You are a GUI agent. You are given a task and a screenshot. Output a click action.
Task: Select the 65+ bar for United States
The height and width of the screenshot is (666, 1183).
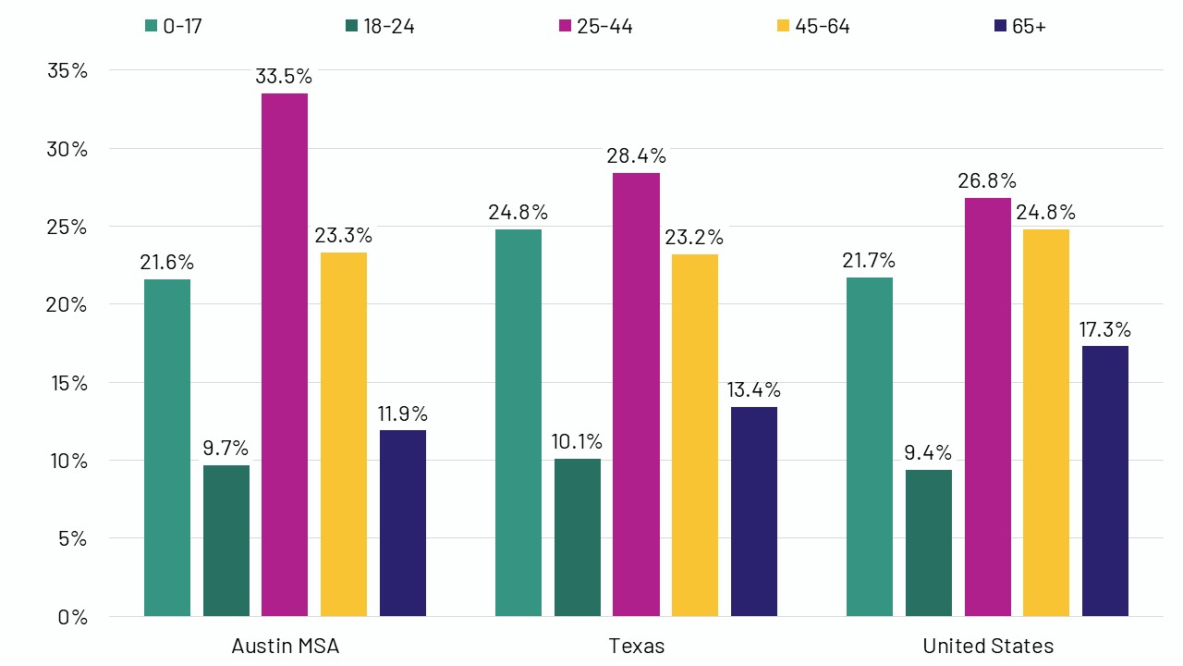(1104, 481)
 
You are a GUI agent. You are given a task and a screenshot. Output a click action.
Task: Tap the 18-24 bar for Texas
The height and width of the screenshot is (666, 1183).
(578, 537)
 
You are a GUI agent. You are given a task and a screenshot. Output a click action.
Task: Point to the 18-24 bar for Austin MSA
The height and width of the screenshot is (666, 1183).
(226, 540)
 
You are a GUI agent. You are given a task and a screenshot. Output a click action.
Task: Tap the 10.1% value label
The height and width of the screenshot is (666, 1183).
(578, 442)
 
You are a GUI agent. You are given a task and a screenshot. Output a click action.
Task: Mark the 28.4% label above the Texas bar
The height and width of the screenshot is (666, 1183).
(636, 155)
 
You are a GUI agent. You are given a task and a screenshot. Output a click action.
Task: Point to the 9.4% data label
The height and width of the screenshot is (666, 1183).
(928, 453)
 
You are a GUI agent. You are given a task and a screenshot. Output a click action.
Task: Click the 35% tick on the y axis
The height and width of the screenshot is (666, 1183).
(67, 70)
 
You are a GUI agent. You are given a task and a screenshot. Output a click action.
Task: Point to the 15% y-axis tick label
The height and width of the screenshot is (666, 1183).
(67, 382)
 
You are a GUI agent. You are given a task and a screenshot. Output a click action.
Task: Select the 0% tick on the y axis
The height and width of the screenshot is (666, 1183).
(72, 617)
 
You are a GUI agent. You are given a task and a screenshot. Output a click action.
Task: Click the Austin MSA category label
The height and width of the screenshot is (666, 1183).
(285, 646)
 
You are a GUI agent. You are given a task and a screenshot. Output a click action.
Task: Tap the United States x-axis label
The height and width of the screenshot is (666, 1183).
(987, 646)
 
